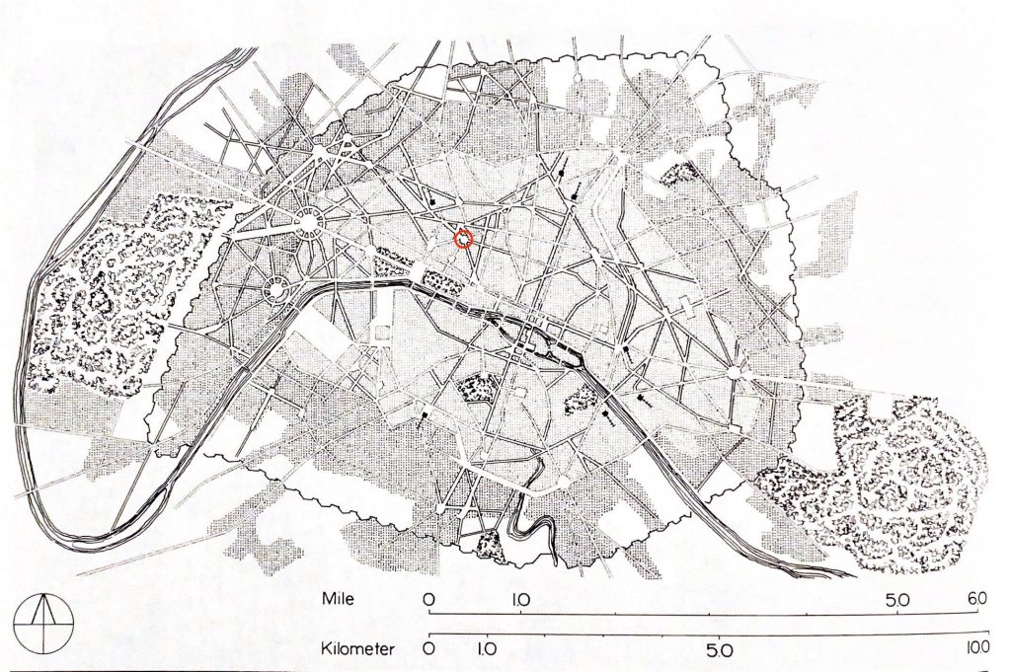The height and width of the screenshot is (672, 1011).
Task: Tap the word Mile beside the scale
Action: (x=343, y=599)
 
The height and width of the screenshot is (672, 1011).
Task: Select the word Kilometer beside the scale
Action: (x=358, y=648)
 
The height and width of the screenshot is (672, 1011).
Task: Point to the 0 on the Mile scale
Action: (x=429, y=600)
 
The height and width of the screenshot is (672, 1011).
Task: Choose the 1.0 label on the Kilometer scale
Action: (x=486, y=650)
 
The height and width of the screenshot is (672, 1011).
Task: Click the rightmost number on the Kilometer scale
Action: (x=976, y=649)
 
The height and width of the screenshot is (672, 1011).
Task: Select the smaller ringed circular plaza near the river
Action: (x=277, y=290)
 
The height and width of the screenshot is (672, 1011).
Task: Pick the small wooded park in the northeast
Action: (x=678, y=176)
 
